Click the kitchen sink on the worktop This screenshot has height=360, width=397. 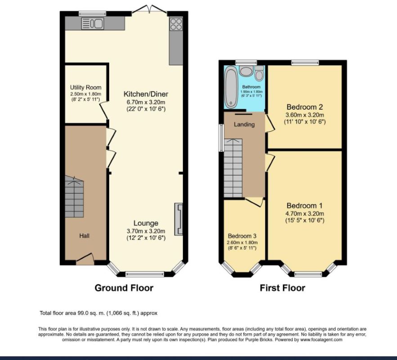point(93,23)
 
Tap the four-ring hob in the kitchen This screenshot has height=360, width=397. point(175,24)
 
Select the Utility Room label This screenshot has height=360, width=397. point(85,87)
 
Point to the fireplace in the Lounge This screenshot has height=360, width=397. point(179,219)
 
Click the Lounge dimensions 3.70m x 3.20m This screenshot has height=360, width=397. point(146,231)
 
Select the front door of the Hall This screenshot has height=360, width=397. point(85,258)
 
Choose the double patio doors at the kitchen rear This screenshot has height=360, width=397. point(148,8)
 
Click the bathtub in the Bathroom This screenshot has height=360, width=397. point(231,87)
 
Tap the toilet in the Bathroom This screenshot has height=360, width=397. point(259,73)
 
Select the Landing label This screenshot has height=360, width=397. point(244,124)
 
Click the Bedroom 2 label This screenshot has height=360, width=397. point(304,107)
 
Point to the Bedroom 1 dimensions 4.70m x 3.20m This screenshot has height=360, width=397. point(304,213)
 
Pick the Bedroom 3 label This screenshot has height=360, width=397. point(242,236)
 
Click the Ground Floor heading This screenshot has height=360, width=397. point(124,288)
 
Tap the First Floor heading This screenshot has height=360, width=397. point(282,288)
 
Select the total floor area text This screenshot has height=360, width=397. point(98,313)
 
